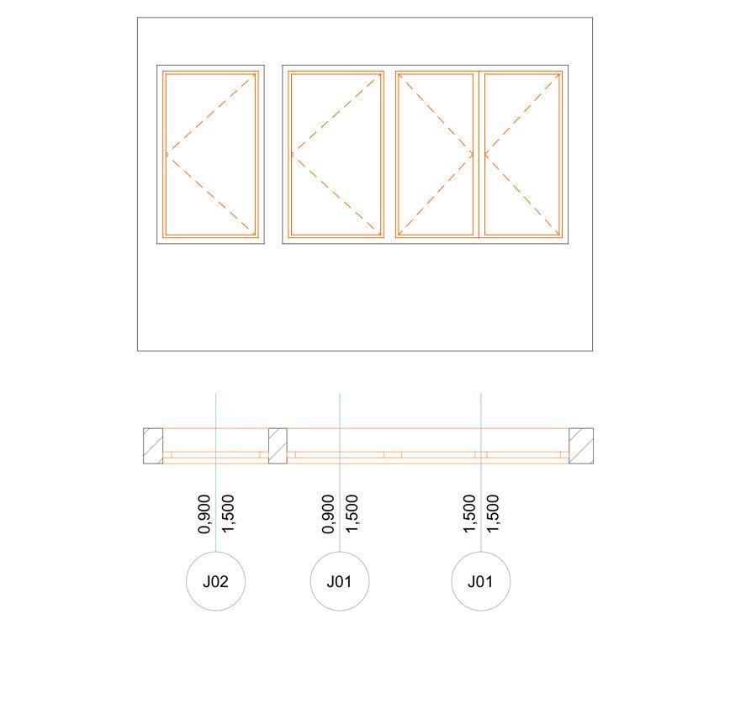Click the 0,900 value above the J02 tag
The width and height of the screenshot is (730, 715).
click(204, 514)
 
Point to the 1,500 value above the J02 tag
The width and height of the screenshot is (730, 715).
click(228, 514)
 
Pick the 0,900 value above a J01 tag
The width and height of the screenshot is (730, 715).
click(328, 514)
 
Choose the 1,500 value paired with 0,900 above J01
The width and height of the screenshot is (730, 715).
click(352, 514)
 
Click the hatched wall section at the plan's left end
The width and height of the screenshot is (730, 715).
click(153, 446)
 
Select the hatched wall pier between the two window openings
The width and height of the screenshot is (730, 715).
click(278, 446)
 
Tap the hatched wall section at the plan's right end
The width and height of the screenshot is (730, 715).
click(581, 446)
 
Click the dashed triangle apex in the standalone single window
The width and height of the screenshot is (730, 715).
click(167, 154)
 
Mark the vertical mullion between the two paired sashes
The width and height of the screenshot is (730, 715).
click(479, 154)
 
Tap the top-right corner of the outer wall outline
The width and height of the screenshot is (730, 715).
click(593, 18)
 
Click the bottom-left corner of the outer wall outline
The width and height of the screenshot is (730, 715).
click(137, 351)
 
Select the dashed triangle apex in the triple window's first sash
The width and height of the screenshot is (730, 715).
click(292, 154)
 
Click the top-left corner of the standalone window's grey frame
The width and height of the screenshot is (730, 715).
click(157, 66)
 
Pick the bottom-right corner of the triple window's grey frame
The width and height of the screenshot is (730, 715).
click(568, 244)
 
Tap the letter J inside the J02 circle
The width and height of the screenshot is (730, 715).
click(207, 582)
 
